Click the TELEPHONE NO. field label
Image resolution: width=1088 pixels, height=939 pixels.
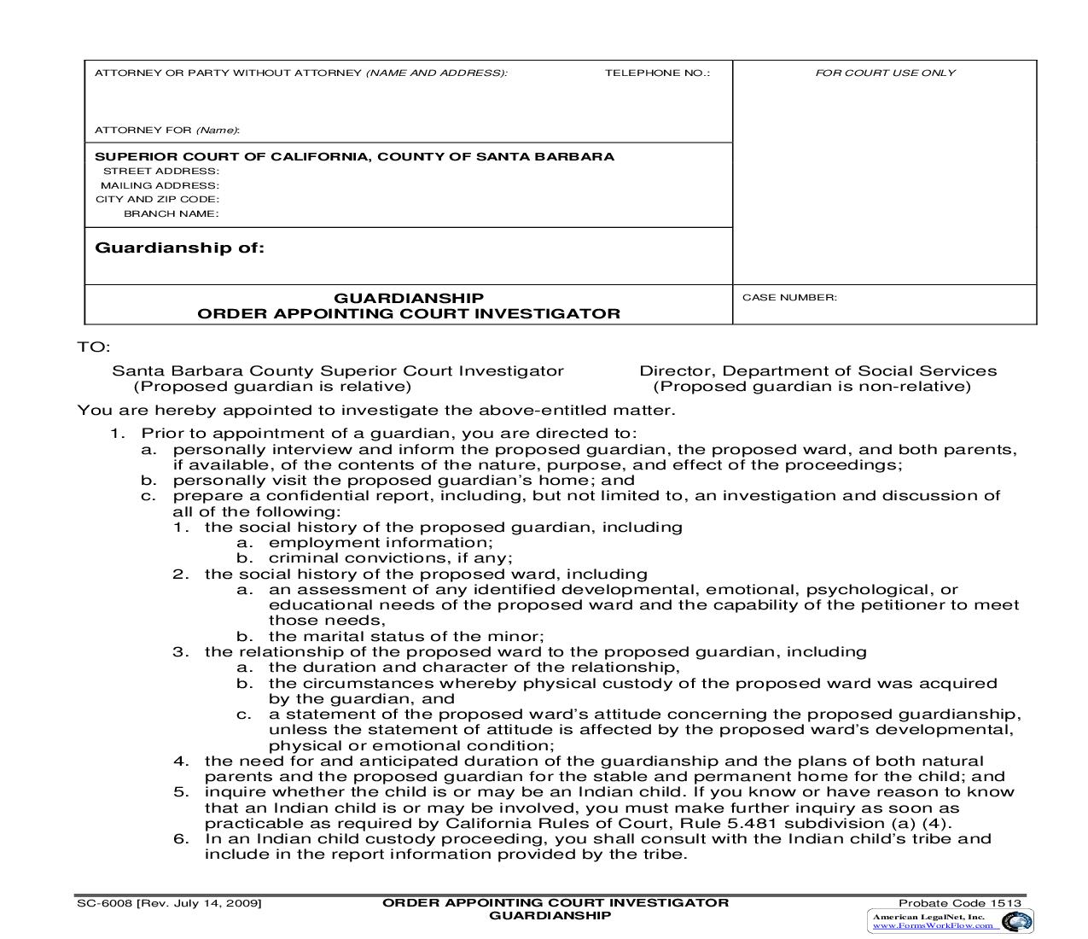(657, 73)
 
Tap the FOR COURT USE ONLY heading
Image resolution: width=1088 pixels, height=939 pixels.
(885, 73)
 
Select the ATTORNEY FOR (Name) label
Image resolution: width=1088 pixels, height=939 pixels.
(167, 131)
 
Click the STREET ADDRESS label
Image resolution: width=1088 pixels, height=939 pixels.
(161, 172)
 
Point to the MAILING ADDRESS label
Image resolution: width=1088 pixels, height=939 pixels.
(160, 185)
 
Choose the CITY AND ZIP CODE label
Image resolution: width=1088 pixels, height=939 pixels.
(157, 200)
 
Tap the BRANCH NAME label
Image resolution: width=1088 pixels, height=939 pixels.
(172, 214)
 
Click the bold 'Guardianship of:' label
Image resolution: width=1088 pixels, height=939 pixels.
(179, 248)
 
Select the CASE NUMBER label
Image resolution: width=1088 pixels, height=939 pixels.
(789, 298)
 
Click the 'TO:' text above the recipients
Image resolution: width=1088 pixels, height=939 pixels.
(94, 347)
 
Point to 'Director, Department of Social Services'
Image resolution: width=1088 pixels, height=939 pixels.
(817, 371)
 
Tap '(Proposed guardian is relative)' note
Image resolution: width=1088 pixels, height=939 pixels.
(272, 387)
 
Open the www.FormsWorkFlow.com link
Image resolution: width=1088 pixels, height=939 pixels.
(932, 926)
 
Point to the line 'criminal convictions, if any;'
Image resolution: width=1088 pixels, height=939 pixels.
(390, 558)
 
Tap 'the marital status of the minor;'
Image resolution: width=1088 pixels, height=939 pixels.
(406, 637)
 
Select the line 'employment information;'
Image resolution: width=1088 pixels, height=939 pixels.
(381, 543)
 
